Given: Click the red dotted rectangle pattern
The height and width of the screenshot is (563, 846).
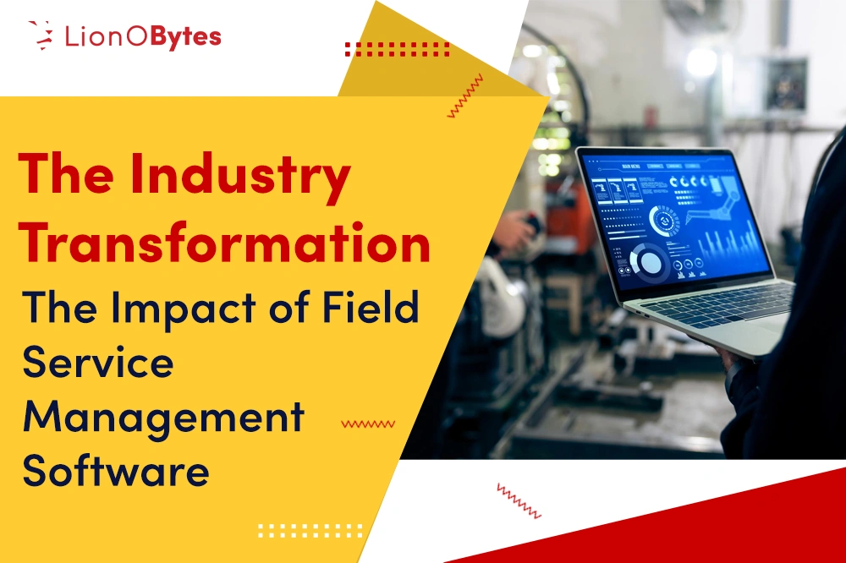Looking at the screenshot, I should pos(397,48).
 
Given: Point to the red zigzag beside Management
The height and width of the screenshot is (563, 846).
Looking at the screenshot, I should pos(367,424).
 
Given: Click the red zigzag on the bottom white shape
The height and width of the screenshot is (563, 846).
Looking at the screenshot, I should pos(519,500).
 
